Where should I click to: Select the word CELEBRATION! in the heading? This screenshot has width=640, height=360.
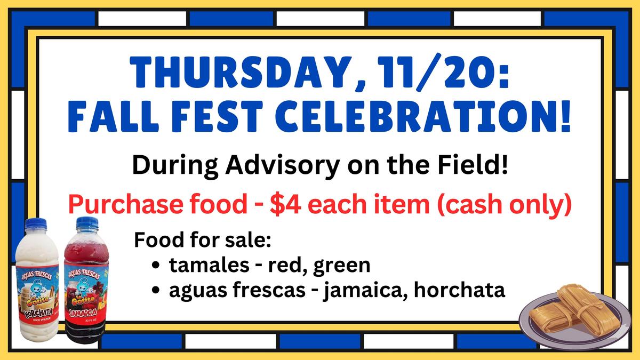point(423,116)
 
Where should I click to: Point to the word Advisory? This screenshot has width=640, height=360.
point(282,166)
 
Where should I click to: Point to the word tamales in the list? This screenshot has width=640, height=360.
point(210,265)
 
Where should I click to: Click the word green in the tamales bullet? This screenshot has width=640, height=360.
point(342,266)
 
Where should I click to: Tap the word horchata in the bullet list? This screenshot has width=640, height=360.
point(459,290)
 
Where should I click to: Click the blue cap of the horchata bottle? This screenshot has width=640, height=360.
point(35,223)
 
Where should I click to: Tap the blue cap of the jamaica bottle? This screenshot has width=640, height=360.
point(87,222)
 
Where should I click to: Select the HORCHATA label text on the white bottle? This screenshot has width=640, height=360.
point(38,313)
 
